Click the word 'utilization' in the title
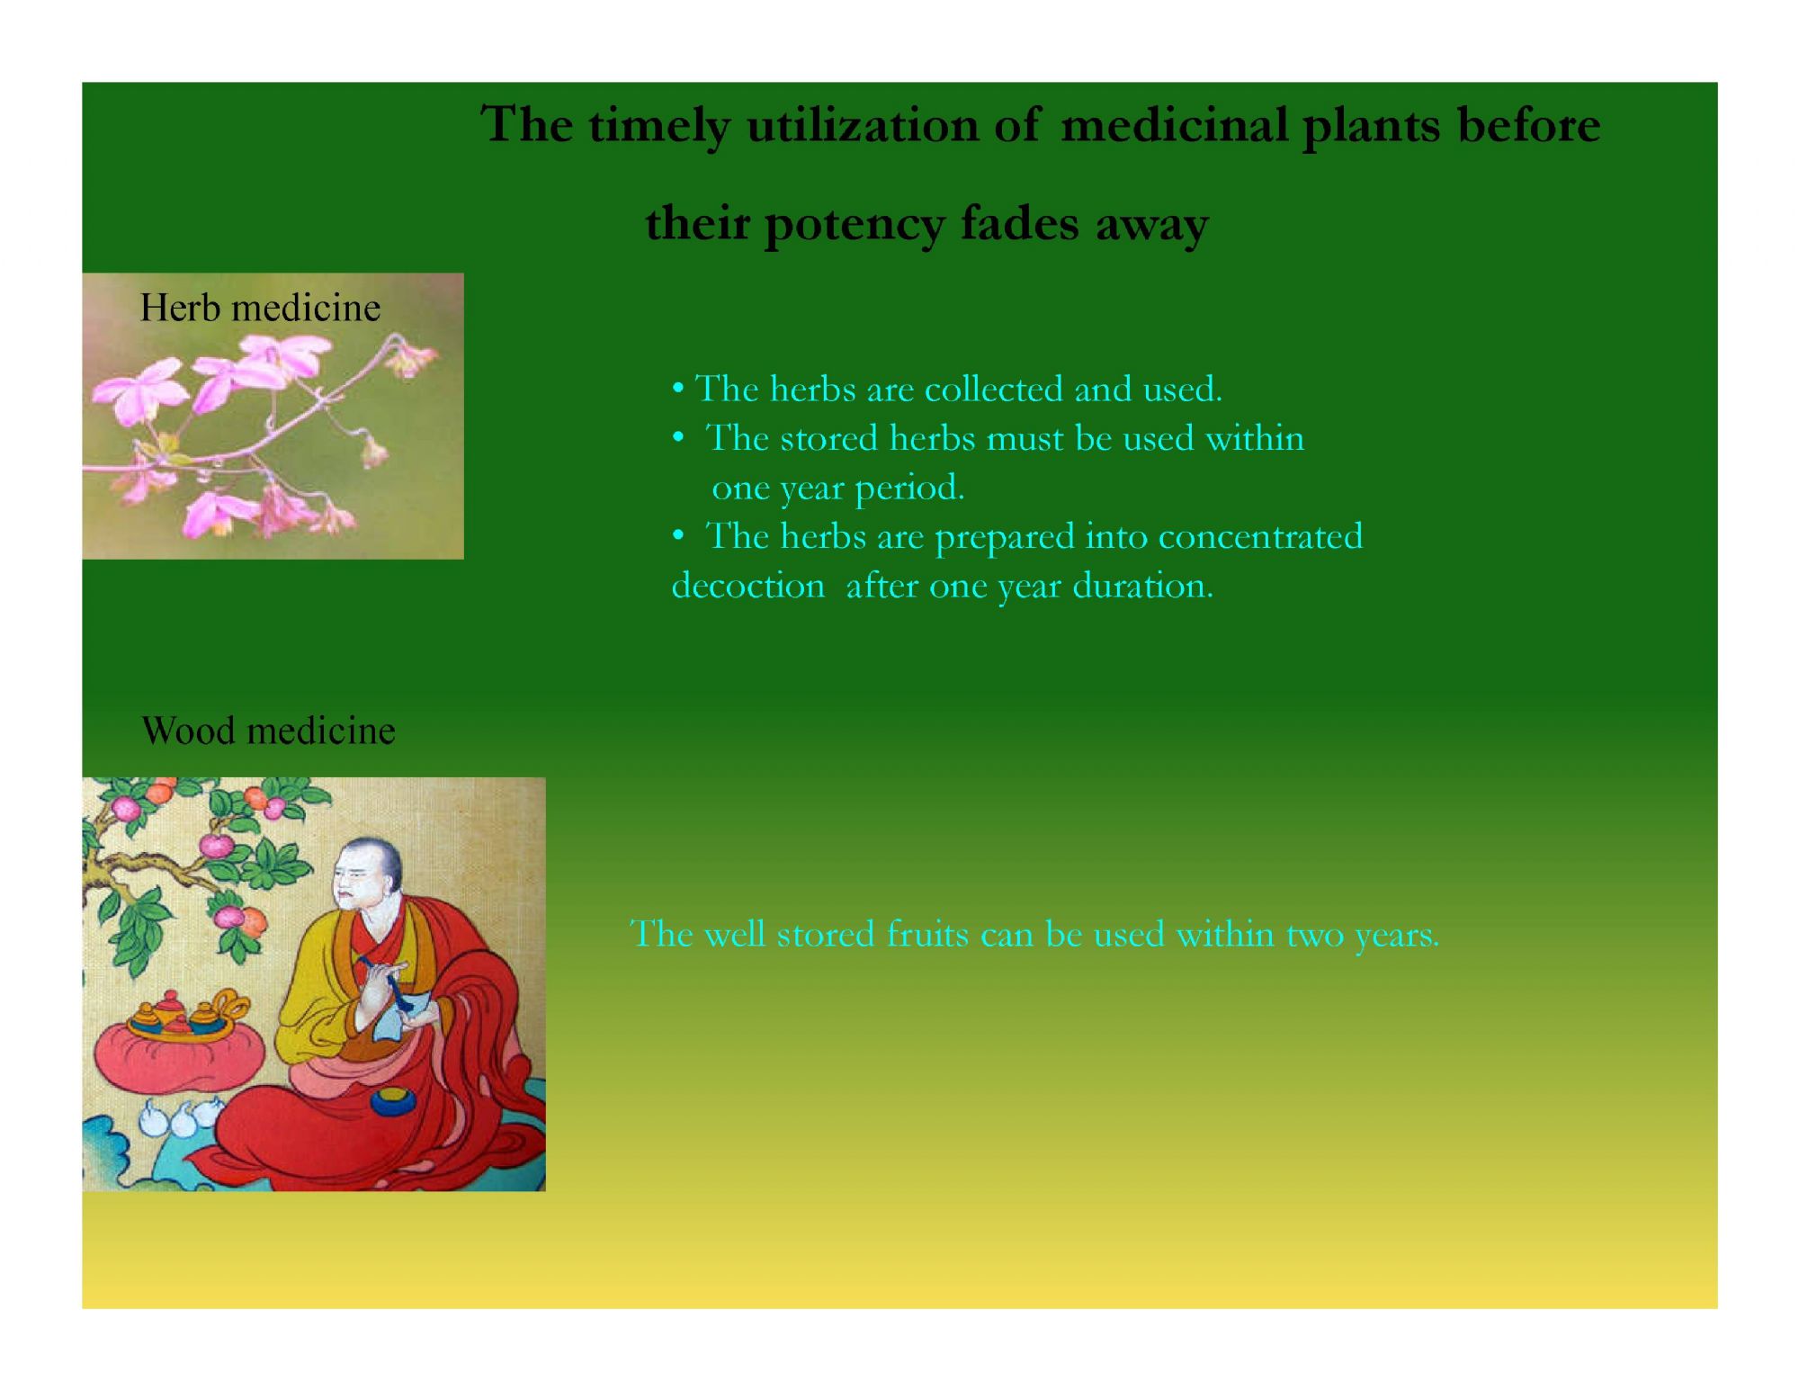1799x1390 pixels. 863,124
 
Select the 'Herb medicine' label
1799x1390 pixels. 260,308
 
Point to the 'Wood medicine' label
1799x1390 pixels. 268,730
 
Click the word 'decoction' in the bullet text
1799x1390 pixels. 747,586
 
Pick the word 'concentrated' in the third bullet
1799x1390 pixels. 1260,536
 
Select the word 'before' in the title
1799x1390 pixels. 1529,124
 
